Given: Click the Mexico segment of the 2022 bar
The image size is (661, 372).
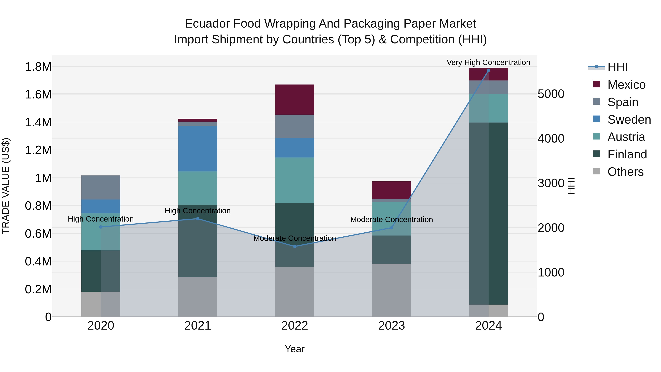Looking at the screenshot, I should coord(295,100).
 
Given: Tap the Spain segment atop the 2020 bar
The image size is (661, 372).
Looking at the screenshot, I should coord(101,187).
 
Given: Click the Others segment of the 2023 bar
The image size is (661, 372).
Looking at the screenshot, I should coord(391,290).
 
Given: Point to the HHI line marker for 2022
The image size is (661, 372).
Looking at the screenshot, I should coord(295,247).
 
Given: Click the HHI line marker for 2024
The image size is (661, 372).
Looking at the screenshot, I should coord(488,70).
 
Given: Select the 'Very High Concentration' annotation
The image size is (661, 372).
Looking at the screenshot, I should coord(488,62).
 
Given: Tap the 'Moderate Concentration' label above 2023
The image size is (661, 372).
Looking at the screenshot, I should coord(391,220).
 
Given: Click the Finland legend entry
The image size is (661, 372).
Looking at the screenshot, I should coord(627,154).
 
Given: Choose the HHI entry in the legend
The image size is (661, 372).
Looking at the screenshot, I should coord(617,67).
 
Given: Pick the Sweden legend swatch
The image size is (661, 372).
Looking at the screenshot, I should coord(597,119).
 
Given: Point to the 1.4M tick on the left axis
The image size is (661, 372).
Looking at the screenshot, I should coord(38,123).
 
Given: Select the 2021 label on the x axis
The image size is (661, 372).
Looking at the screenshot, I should coord(198,326).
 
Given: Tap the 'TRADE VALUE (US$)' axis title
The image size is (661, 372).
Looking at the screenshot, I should coord(6,186).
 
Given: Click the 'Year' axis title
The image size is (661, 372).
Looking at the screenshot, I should coord(295,349).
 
